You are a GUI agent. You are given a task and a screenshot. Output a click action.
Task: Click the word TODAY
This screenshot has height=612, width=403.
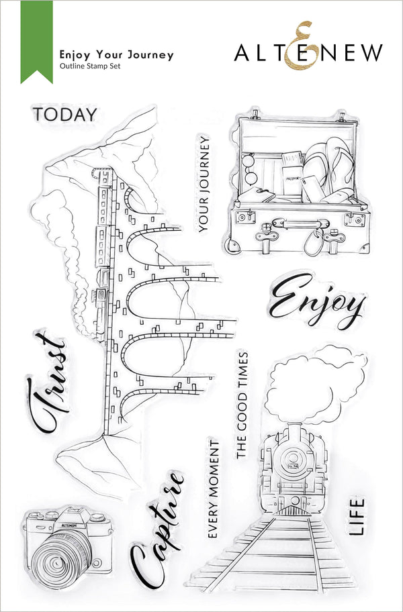tap(64, 114)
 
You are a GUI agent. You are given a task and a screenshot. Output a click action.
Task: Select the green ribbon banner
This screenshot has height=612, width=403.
tap(36, 40)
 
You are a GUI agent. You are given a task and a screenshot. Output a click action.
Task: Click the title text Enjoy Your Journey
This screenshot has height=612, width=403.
tap(116, 55)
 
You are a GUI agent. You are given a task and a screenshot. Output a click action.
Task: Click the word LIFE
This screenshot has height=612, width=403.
tap(357, 515)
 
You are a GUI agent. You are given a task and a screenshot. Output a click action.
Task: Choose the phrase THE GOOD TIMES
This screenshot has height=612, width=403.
tap(242, 405)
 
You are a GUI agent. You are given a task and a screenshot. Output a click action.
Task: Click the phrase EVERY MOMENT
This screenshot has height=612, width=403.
tap(214, 489)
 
